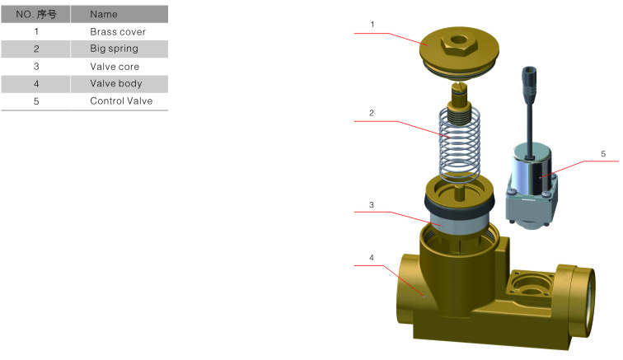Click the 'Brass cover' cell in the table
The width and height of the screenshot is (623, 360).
point(118,32)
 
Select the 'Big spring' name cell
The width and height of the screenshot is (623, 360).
point(114,49)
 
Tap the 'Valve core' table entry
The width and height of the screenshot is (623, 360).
point(115,67)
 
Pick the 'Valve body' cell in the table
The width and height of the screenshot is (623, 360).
point(115,83)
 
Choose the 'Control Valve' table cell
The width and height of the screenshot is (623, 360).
point(121,101)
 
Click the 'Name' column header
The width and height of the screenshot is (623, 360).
point(104,14)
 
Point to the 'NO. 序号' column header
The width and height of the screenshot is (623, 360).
point(36,14)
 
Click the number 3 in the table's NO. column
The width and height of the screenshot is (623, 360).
point(36,67)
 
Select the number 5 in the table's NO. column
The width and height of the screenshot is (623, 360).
point(36,101)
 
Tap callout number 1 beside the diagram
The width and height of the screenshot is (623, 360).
point(372,25)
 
